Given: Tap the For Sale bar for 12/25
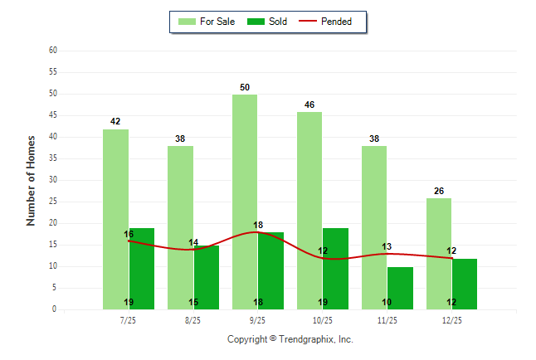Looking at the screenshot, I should (439, 253).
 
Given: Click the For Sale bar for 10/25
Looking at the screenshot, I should (309, 211).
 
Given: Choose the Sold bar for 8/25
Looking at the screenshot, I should (207, 277).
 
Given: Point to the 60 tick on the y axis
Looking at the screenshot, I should (52, 51).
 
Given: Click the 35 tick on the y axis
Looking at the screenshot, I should (52, 158).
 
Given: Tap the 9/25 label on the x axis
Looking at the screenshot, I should (258, 320).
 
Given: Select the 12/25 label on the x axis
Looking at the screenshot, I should (452, 320).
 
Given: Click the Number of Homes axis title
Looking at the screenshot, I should (32, 180).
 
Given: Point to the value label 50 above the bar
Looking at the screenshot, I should (245, 87).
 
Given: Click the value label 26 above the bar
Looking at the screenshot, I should (439, 191).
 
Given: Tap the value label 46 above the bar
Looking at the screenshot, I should (309, 105).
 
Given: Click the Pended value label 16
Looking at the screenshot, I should (129, 234).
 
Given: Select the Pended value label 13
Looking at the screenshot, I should (387, 246).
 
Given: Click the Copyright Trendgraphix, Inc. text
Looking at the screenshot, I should (290, 339).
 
